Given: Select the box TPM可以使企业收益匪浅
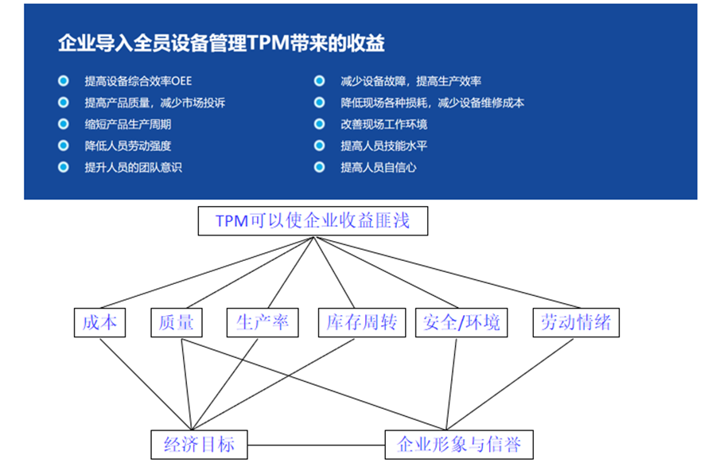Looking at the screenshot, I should point(313,220).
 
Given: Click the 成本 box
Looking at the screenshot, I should point(99,322).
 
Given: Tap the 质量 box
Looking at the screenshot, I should point(176,322).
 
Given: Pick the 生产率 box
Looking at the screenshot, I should point(262,322).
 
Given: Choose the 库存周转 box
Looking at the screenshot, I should point(362,322).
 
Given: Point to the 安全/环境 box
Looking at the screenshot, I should point(462,322).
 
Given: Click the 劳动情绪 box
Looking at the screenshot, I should point(576,322).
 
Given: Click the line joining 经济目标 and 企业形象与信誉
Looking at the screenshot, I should point(316,444).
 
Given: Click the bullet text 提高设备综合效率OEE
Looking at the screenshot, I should point(138,81).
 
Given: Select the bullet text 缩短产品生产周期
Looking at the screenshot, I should point(128,124).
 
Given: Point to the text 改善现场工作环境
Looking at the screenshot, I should point(383,124).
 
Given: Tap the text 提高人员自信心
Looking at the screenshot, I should point(379,167).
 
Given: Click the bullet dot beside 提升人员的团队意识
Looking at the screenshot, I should point(63,167).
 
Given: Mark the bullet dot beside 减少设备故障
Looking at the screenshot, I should point(319,81).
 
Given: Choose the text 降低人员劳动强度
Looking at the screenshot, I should point(128,146).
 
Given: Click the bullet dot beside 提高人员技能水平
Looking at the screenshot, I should point(319,146).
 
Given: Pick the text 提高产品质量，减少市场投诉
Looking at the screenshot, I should point(154,103).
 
